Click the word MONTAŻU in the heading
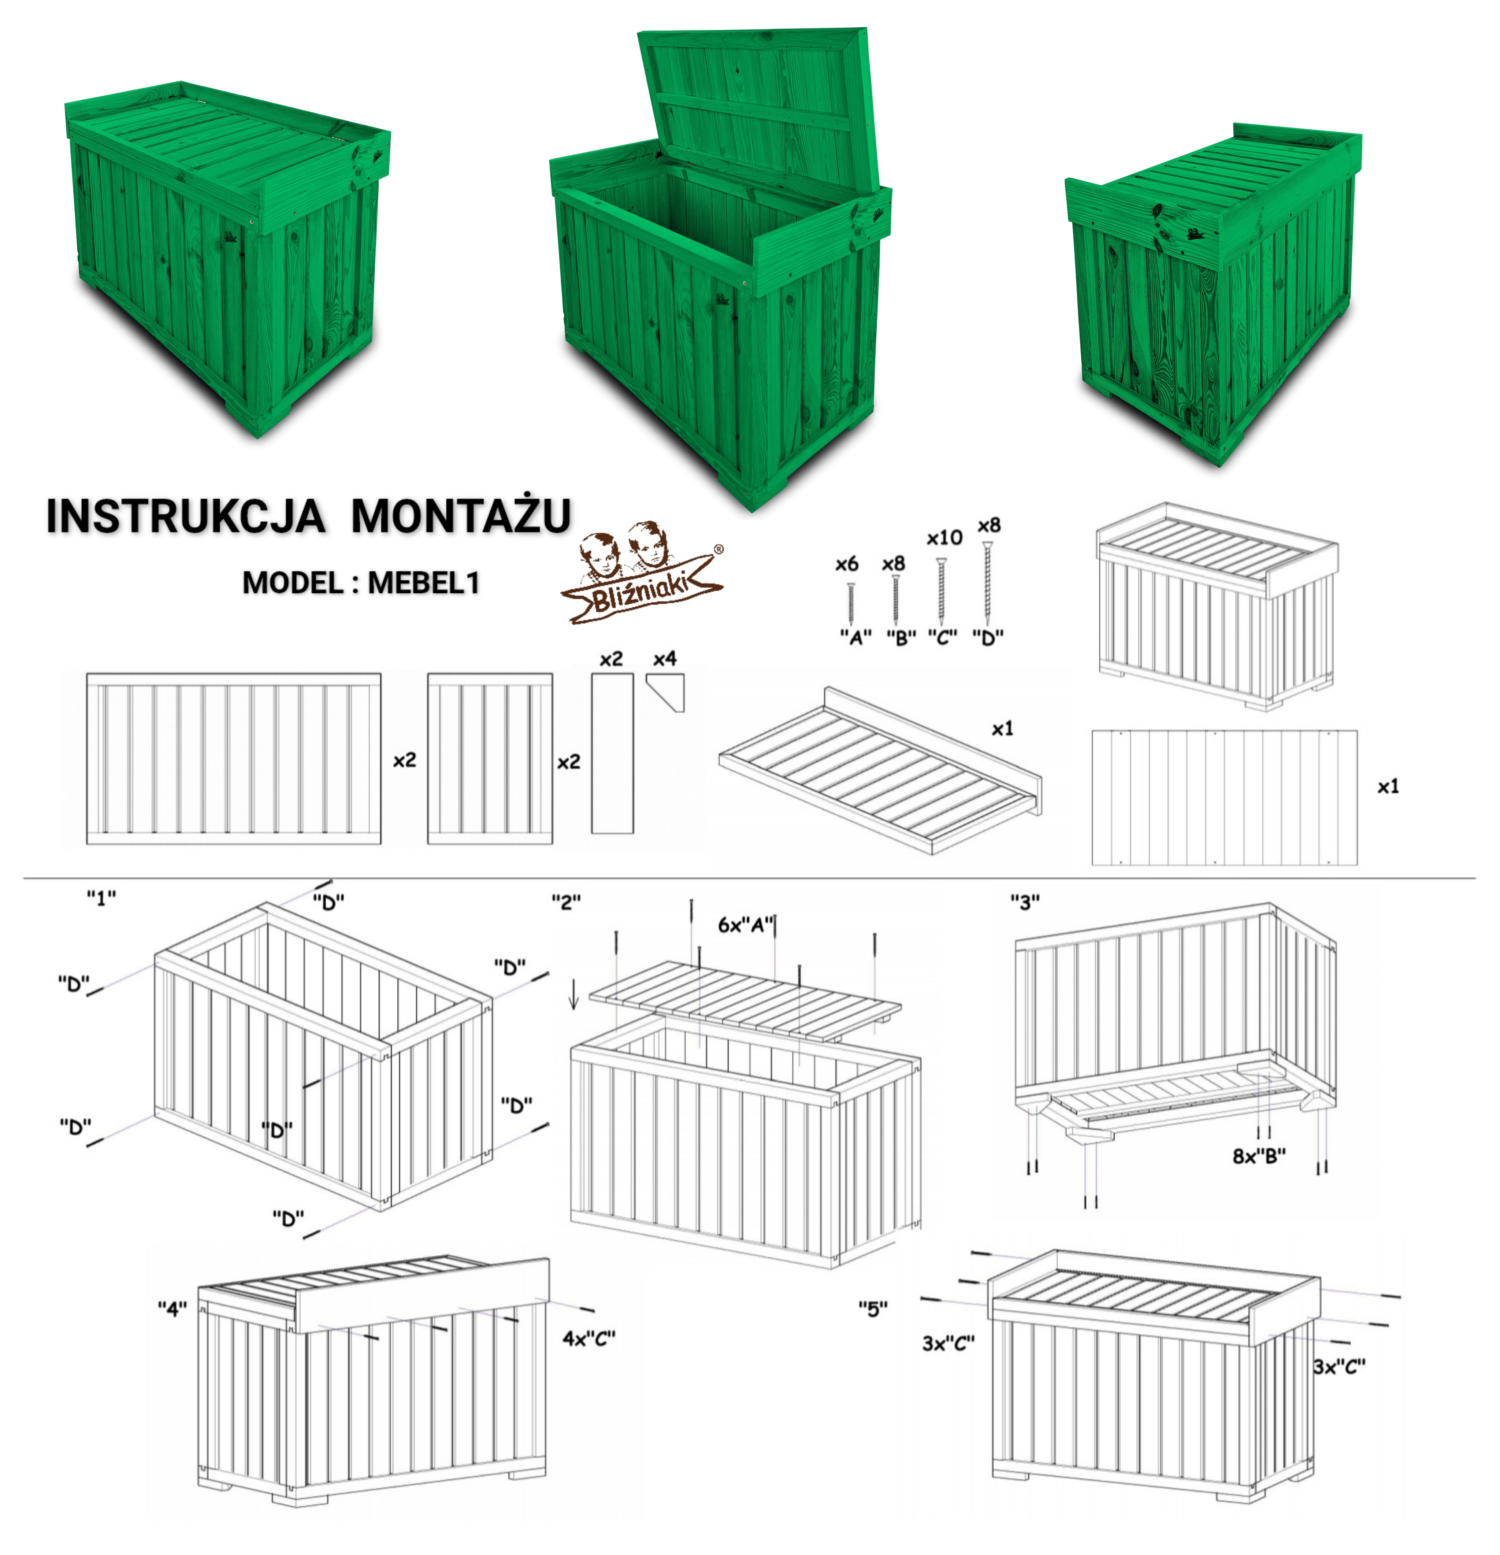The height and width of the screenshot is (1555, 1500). tap(461, 516)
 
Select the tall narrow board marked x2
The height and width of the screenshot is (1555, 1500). tap(612, 753)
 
